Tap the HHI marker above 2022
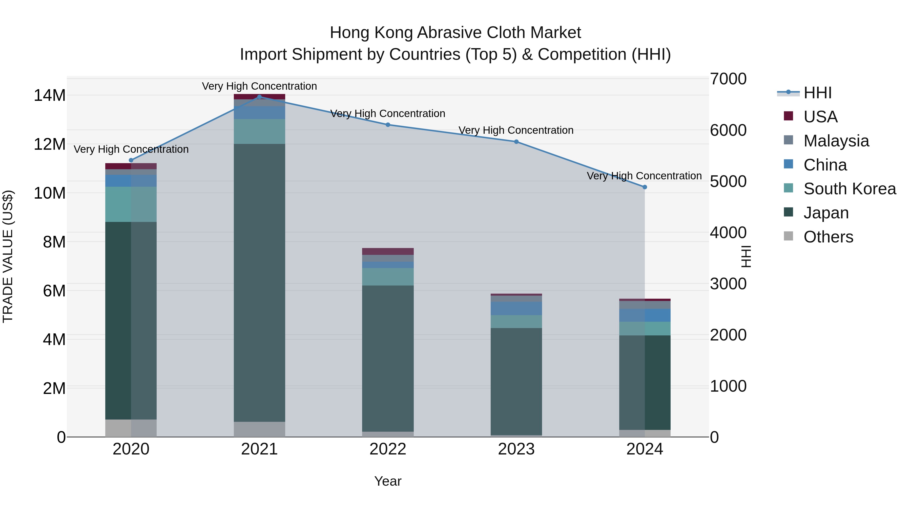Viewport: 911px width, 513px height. pyautogui.click(x=388, y=125)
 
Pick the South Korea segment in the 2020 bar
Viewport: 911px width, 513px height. pyautogui.click(x=131, y=204)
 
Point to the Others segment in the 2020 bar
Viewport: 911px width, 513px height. pyautogui.click(x=131, y=428)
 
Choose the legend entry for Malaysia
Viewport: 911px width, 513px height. pyautogui.click(x=836, y=141)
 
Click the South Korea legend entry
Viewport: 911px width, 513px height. pyautogui.click(x=850, y=189)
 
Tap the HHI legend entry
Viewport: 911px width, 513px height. pyautogui.click(x=817, y=93)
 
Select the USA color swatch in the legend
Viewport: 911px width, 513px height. pyautogui.click(x=788, y=116)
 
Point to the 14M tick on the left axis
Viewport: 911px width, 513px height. pyautogui.click(x=50, y=96)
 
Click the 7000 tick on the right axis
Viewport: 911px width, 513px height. pyautogui.click(x=728, y=79)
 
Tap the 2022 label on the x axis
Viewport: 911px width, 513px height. pyautogui.click(x=388, y=449)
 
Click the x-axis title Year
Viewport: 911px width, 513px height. pyautogui.click(x=388, y=481)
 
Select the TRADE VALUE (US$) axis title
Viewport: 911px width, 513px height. pyautogui.click(x=8, y=256)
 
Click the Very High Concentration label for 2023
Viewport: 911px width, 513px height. pyautogui.click(x=516, y=130)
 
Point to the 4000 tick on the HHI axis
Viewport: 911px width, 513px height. pyautogui.click(x=728, y=233)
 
